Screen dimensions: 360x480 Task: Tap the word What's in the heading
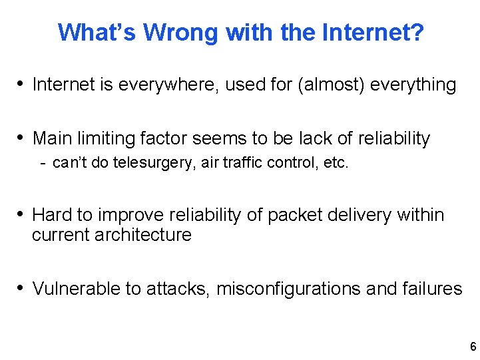click(x=97, y=31)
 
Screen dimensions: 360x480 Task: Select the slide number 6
click(x=473, y=346)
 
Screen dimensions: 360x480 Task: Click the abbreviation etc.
click(x=334, y=163)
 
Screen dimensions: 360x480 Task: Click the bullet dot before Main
click(x=22, y=138)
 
